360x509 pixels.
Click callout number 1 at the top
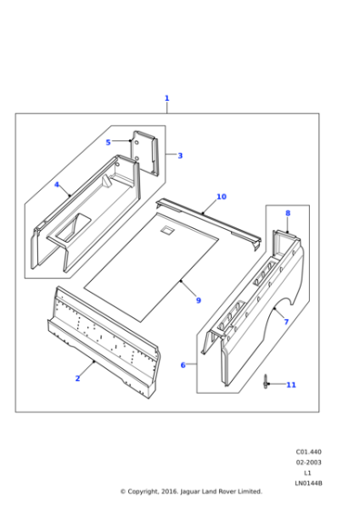(166, 98)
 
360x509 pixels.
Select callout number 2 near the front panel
(77, 378)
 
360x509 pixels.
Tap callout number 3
(180, 155)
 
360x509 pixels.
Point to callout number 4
(56, 185)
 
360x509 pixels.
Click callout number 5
(107, 142)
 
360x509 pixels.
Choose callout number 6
(183, 365)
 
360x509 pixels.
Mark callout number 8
(287, 214)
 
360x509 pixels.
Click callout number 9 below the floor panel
(198, 300)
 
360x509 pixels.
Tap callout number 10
(221, 196)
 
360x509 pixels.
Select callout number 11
(291, 385)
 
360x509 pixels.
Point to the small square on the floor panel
(166, 231)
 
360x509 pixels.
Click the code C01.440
(309, 451)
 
